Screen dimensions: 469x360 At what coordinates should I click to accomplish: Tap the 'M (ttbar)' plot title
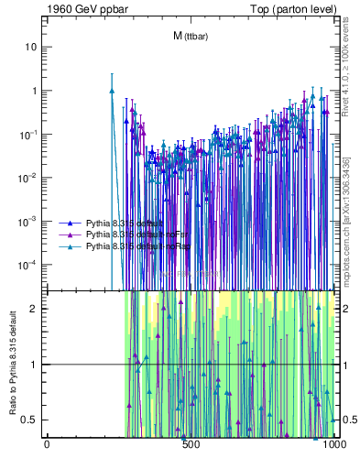pyautogui.click(x=190, y=36)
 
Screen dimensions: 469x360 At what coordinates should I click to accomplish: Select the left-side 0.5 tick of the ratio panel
pyautogui.click(x=29, y=420)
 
